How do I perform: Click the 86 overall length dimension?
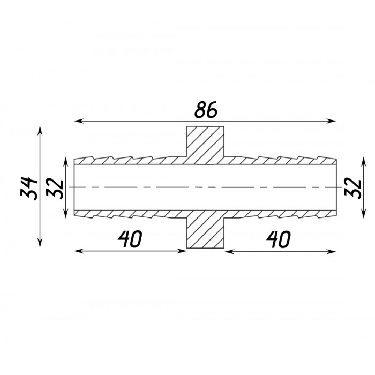coord(206,110)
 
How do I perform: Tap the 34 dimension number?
coord(29,188)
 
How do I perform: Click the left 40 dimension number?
coord(130,239)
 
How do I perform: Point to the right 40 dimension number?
coord(279,239)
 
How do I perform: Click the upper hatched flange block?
coord(205,145)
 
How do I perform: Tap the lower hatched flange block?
coord(205,229)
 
